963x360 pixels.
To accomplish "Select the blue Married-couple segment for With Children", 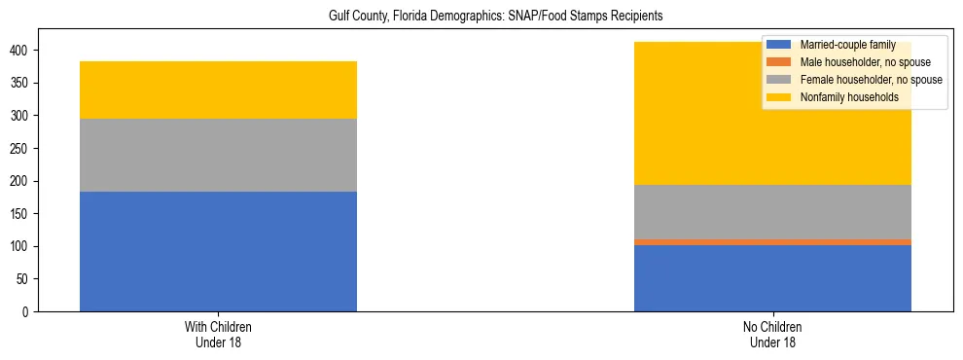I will coord(218,251).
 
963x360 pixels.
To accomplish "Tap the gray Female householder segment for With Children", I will coord(218,155).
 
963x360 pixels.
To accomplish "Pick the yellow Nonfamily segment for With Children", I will coord(218,90).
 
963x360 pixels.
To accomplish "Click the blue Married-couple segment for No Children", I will coord(772,278).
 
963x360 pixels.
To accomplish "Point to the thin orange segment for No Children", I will coord(772,242).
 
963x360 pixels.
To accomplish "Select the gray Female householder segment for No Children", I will coord(772,212).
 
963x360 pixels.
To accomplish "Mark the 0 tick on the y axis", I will coord(28,312).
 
